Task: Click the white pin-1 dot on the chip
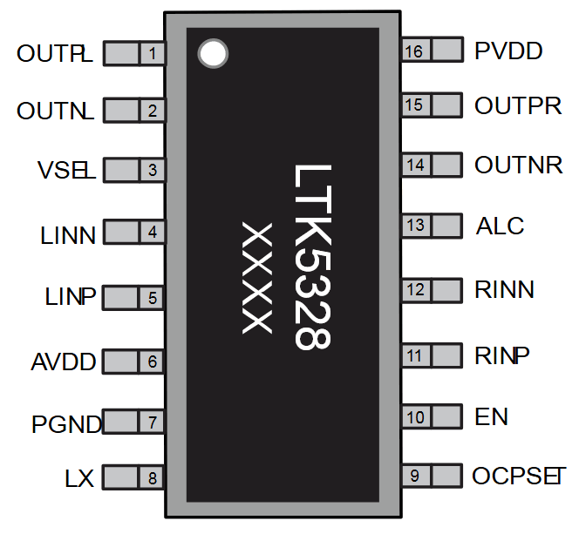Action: (x=212, y=54)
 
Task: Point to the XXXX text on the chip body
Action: (x=257, y=278)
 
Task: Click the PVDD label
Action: (x=508, y=51)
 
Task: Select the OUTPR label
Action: (x=518, y=106)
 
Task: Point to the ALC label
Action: (x=500, y=226)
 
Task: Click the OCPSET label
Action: (x=518, y=477)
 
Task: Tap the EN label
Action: (x=492, y=417)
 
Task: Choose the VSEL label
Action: (x=65, y=169)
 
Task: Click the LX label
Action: (x=78, y=478)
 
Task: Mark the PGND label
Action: (x=66, y=425)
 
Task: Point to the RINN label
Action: (x=504, y=289)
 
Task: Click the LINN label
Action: (x=67, y=234)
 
